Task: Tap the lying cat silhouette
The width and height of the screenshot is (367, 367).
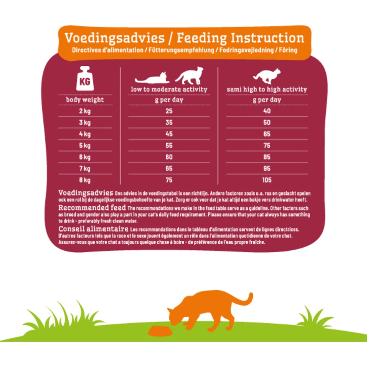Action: tap(152, 78)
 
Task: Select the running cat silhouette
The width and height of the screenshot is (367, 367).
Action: tap(267, 76)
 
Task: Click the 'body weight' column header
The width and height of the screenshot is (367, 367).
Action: tap(85, 100)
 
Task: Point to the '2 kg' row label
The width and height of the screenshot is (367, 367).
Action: tap(85, 111)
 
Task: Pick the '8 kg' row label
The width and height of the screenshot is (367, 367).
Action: tap(85, 180)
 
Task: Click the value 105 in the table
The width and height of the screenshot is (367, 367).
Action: tap(267, 180)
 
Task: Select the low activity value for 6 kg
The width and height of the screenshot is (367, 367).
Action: tap(169, 157)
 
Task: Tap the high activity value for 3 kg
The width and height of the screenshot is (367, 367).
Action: tap(267, 123)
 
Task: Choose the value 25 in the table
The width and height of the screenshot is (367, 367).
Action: tap(169, 111)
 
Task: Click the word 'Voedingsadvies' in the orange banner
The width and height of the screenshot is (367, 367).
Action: tap(115, 38)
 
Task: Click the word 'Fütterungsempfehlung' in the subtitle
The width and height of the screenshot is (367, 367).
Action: tap(181, 50)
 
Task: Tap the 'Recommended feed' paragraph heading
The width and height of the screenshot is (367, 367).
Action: tap(92, 208)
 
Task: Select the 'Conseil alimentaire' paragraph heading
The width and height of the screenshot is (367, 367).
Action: tap(93, 229)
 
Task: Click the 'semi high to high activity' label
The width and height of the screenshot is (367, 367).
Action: tap(267, 89)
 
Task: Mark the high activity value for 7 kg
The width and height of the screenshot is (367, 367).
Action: tap(267, 168)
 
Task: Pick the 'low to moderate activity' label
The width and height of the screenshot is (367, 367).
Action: tap(169, 89)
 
